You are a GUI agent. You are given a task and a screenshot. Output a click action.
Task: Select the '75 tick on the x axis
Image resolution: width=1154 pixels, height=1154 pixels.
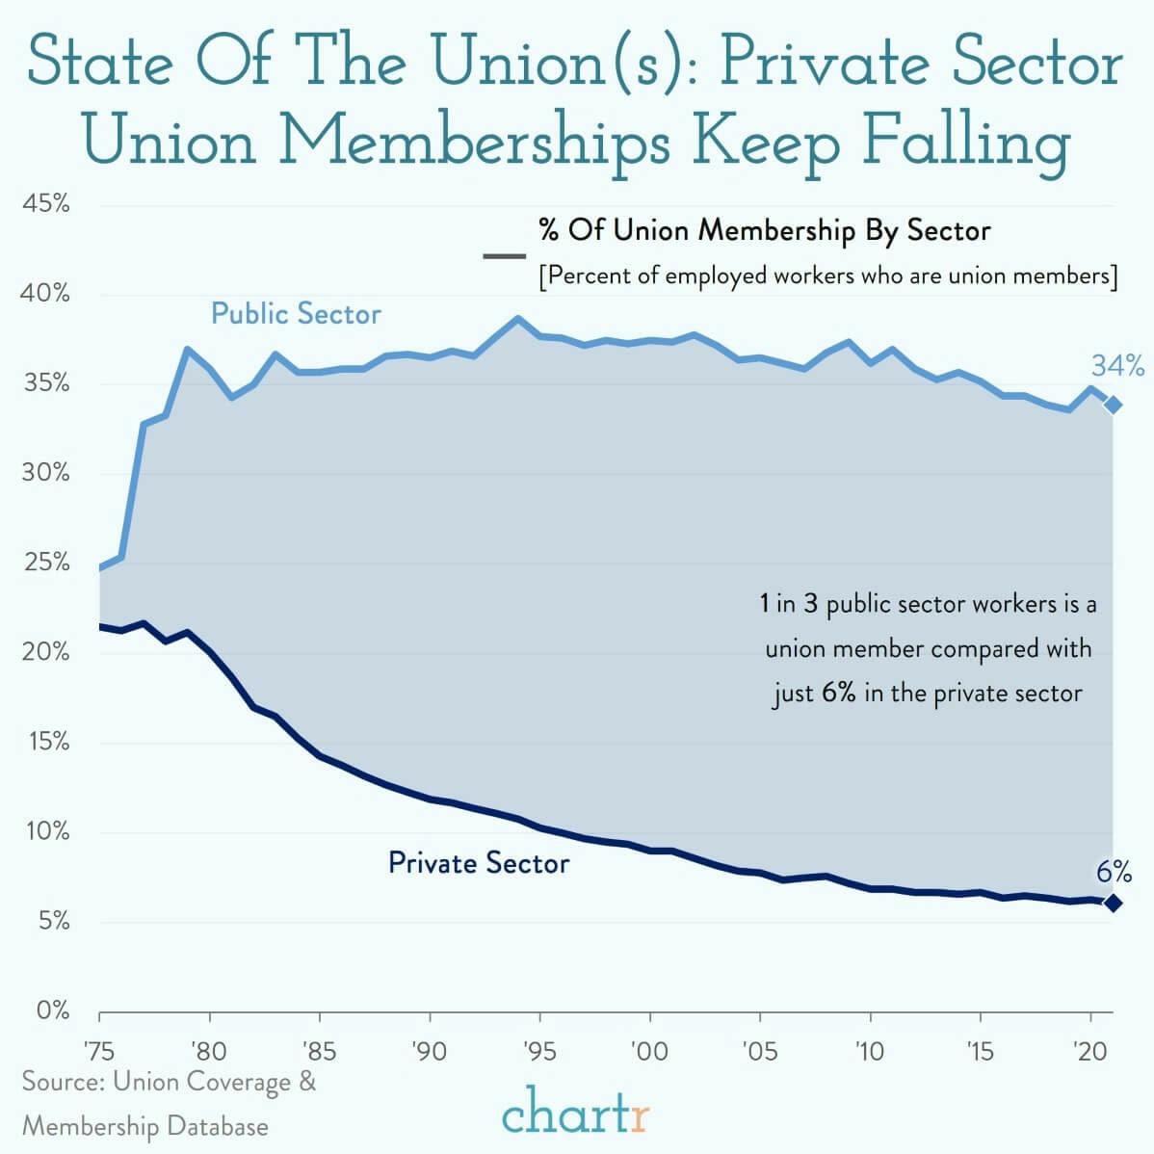99,1050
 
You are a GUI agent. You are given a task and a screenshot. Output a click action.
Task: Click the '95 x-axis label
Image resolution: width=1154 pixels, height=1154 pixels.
540,1050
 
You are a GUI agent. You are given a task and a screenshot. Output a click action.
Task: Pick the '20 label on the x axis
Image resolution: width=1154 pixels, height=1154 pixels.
1090,1050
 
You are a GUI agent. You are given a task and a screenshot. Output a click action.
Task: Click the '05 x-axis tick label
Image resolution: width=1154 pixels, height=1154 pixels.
760,1050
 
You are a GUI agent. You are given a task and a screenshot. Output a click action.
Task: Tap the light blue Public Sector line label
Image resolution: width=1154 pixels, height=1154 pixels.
296,314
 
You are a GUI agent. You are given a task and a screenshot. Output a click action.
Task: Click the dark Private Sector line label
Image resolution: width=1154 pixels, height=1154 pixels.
478,862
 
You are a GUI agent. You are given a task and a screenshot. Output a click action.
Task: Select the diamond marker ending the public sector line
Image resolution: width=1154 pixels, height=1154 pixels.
1113,405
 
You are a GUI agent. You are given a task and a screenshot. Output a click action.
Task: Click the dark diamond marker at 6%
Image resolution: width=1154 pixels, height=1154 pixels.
1113,903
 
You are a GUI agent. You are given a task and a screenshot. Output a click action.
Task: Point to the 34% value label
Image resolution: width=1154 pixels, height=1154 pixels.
1117,366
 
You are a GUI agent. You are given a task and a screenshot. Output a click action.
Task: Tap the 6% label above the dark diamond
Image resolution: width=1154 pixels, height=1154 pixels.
1114,873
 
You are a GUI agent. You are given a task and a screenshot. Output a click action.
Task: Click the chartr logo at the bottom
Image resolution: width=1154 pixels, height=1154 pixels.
576,1117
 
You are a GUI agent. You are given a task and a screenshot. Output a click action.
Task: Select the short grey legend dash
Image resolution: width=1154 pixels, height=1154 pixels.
504,256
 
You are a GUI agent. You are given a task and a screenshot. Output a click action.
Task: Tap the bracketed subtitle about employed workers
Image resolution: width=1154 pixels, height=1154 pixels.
827,275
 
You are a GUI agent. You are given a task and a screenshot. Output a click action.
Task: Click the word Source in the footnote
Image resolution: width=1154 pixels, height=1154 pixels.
62,1082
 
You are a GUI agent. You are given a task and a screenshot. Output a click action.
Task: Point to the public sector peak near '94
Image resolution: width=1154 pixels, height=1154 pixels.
518,318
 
